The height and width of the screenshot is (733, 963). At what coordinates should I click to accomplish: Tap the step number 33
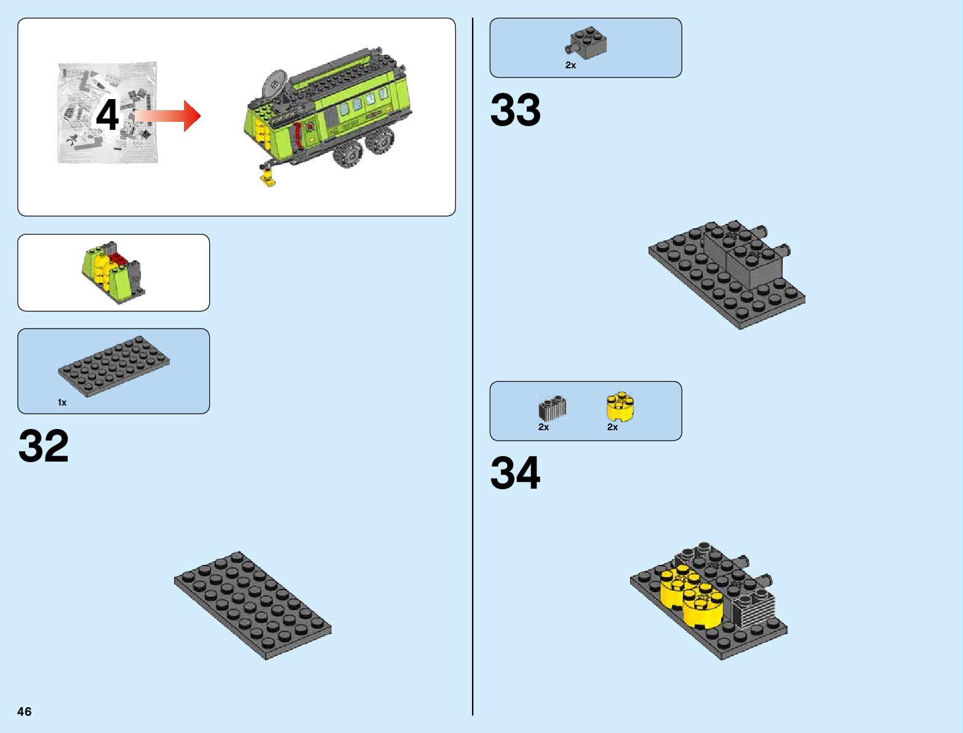click(516, 111)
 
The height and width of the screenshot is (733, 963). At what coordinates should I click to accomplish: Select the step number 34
click(516, 473)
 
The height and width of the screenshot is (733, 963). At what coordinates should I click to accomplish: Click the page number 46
click(25, 711)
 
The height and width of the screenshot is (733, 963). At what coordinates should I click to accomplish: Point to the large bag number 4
click(107, 116)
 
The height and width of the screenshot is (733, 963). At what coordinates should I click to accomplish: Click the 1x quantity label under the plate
click(62, 403)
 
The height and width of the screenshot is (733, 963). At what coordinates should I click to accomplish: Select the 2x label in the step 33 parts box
click(570, 65)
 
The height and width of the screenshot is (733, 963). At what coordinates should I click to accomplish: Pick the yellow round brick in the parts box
click(620, 406)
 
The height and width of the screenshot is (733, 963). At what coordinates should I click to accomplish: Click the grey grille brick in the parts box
click(552, 407)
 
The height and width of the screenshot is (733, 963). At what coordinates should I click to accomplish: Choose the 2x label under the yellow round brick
click(612, 427)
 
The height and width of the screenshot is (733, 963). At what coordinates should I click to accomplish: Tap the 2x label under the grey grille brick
click(543, 427)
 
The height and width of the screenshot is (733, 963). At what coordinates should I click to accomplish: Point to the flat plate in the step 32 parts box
click(114, 366)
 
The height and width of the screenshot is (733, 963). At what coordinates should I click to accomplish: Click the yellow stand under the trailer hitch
click(268, 177)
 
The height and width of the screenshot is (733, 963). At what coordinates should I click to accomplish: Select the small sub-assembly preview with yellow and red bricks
click(114, 273)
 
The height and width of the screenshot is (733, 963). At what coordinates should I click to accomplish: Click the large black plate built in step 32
click(252, 605)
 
